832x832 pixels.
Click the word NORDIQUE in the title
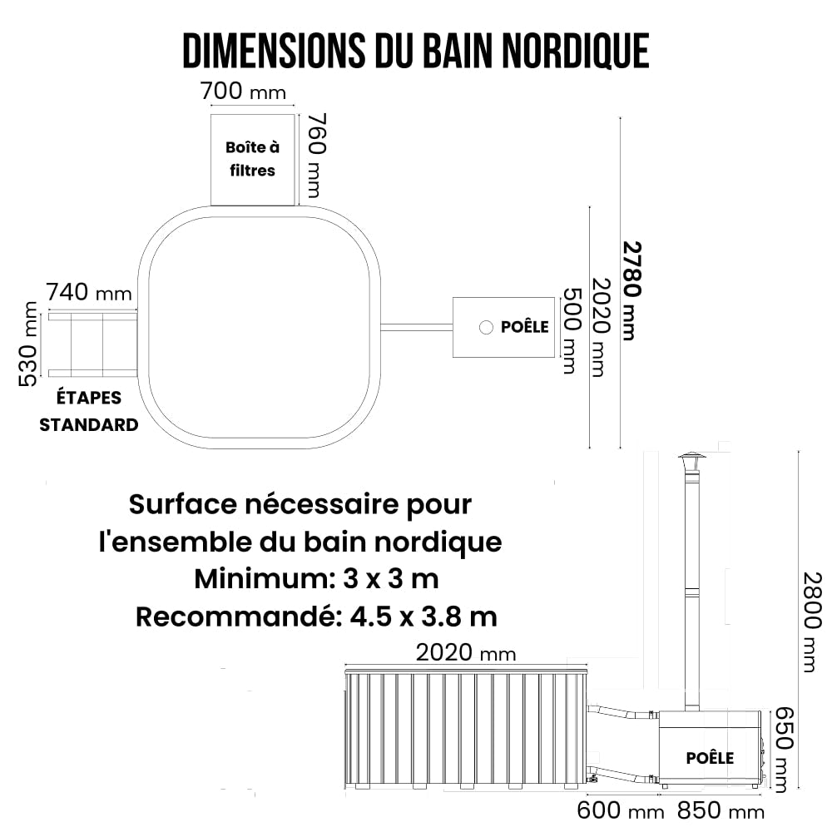point(575,51)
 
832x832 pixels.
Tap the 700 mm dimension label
point(243,92)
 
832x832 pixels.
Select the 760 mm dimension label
point(317,156)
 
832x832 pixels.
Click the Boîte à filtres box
point(253,160)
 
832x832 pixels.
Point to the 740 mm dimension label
point(89,292)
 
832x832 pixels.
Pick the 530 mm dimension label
point(28,344)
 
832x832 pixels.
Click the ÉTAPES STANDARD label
point(89,411)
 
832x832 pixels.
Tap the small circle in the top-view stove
point(486,327)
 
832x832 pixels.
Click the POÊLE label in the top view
point(525,327)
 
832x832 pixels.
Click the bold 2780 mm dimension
point(631,290)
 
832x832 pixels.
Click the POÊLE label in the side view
point(710,758)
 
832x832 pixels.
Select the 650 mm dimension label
point(785,750)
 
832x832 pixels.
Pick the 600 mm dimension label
point(621,810)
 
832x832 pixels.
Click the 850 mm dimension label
point(721,810)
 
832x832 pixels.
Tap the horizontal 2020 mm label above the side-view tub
point(465,653)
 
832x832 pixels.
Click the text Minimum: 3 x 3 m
point(316,579)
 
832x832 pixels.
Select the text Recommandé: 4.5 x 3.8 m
point(316,617)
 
